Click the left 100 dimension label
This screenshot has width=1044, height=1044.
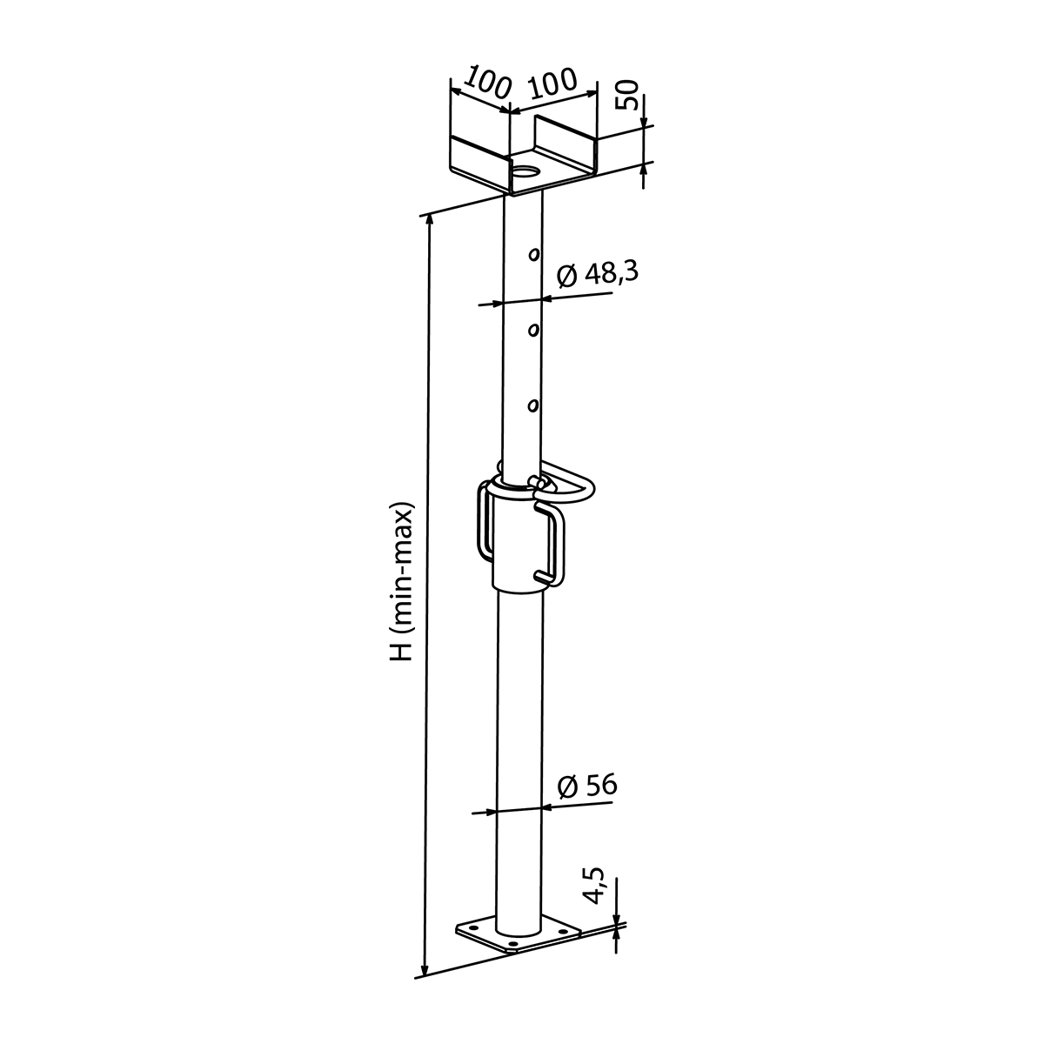(487, 82)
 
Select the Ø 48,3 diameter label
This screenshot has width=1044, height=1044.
(598, 273)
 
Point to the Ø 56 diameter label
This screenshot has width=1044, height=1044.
(587, 786)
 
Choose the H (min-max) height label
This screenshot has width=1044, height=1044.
(402, 582)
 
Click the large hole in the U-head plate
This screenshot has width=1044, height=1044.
(526, 173)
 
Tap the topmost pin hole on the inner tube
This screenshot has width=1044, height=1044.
(534, 254)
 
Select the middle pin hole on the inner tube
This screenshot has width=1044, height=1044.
(534, 330)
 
